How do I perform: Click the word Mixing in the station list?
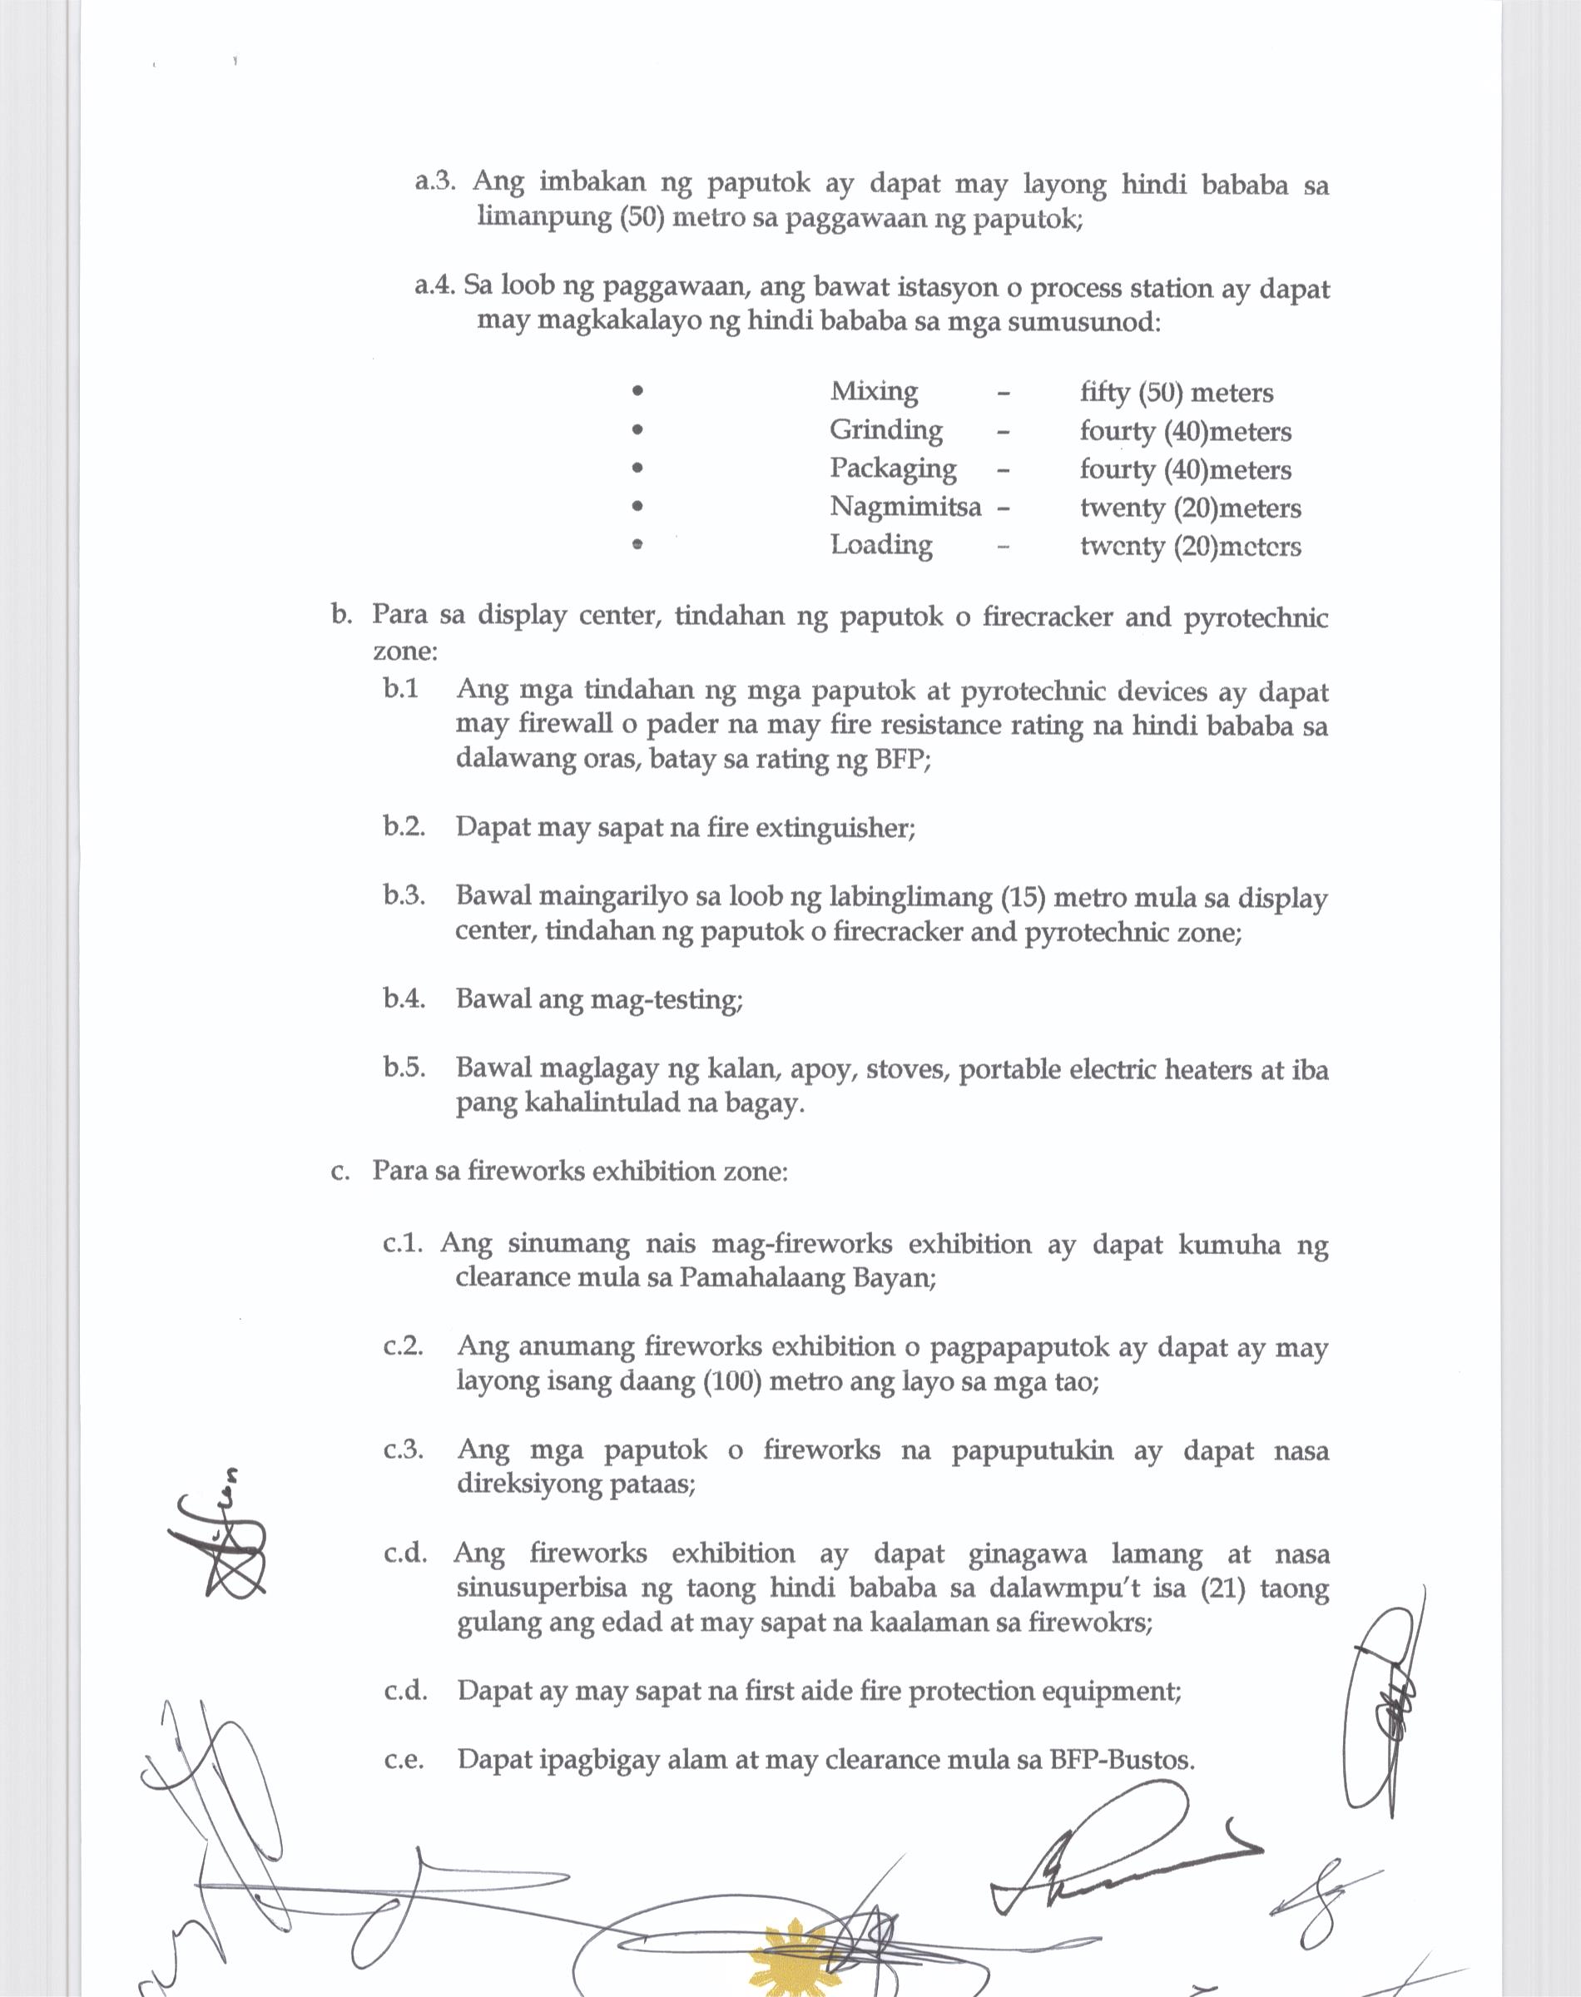[874, 391]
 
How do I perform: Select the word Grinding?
[886, 430]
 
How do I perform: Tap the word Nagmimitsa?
[904, 507]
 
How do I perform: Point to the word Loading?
[880, 545]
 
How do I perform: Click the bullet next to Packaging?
[636, 468]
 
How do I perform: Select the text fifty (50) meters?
[1176, 393]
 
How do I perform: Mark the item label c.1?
[403, 1244]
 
